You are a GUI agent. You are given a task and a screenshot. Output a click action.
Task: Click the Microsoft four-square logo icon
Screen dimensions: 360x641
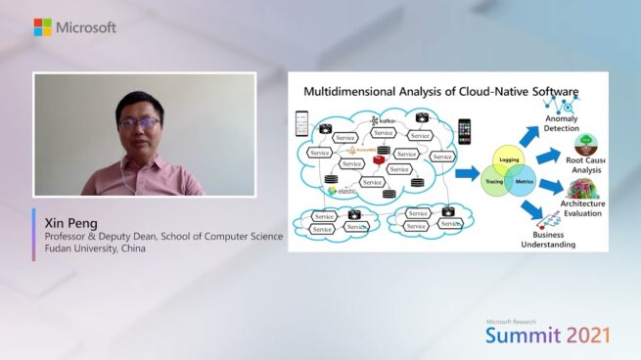pos(43,27)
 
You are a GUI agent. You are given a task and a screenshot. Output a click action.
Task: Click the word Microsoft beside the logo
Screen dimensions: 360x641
pos(86,27)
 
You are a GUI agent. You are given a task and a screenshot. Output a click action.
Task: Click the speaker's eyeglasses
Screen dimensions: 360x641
pos(139,122)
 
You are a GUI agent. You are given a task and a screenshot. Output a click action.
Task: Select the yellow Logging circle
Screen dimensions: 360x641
pos(509,157)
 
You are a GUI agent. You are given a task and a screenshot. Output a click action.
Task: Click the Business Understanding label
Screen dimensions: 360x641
pos(553,240)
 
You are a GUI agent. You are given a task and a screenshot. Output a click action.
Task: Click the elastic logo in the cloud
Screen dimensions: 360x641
pos(345,191)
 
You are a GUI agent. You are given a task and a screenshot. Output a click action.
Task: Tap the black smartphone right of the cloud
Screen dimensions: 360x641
pos(464,131)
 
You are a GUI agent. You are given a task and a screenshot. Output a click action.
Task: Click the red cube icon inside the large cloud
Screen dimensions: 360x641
pos(378,158)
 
